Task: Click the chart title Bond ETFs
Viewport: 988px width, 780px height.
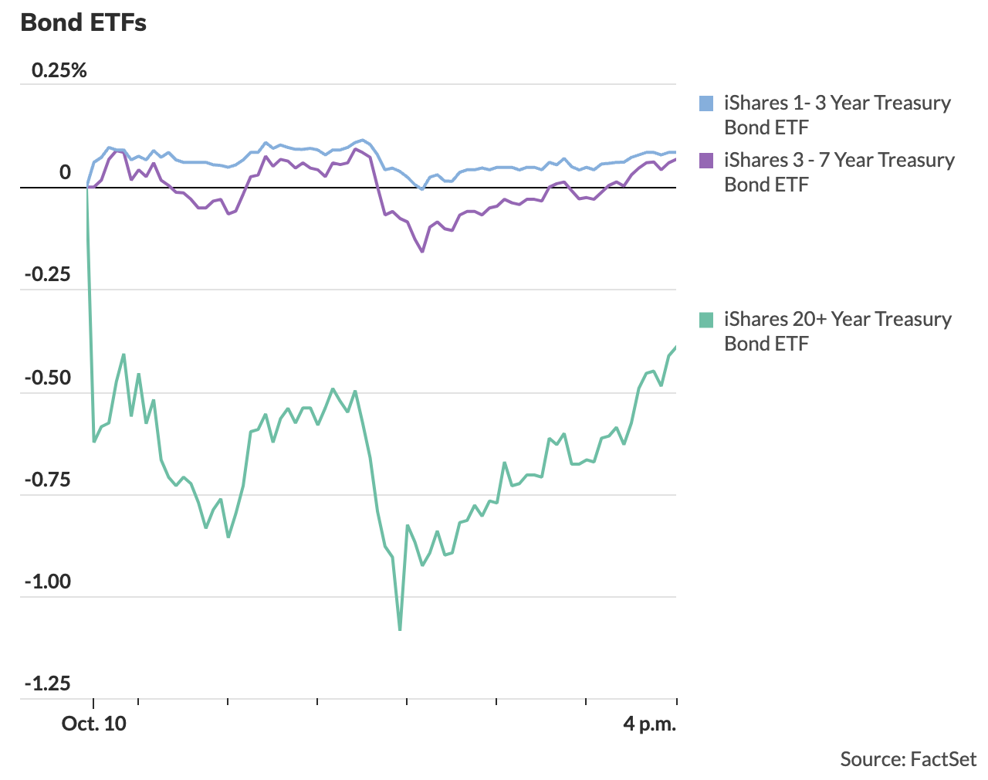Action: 83,23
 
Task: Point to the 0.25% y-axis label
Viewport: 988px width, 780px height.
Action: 59,71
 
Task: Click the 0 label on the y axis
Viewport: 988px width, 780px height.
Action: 66,172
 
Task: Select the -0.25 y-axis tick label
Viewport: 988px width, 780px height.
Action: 48,275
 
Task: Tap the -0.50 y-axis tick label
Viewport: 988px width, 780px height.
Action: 48,378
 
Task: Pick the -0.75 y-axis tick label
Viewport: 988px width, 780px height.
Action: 48,480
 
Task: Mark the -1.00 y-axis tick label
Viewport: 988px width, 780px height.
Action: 48,582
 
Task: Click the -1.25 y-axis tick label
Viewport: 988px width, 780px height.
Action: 48,683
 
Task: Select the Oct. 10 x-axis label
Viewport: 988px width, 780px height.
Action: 94,724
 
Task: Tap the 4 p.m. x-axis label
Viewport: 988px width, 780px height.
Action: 650,724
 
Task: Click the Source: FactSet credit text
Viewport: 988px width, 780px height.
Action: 908,759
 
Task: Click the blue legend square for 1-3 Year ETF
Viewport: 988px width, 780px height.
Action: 706,103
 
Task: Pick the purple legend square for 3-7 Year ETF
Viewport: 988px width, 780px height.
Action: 706,161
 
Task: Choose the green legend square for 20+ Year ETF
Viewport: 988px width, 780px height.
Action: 706,320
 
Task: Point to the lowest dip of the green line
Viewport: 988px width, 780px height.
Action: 400,629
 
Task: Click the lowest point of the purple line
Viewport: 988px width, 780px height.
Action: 422,251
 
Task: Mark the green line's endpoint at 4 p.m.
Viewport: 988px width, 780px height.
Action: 676,347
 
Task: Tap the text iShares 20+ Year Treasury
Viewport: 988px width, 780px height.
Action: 837,320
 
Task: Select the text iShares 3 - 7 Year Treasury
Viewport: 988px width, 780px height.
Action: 839,161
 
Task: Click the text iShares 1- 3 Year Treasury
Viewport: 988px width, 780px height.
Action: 837,103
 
